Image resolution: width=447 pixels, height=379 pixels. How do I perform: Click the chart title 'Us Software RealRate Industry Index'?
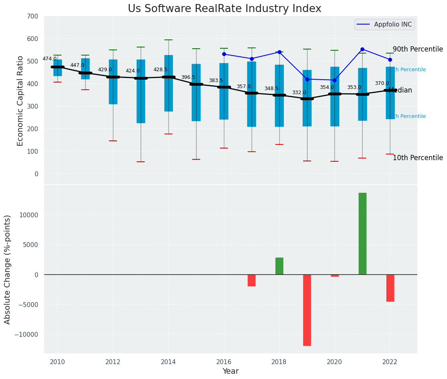click(x=224, y=9)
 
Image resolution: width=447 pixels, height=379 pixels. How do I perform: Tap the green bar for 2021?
click(x=362, y=233)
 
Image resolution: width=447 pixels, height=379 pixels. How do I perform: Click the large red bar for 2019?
click(x=307, y=310)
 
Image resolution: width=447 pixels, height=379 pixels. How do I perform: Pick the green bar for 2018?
click(x=279, y=266)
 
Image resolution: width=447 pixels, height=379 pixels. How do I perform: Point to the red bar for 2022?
click(x=390, y=288)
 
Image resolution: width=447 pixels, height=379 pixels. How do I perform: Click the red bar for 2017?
click(x=252, y=280)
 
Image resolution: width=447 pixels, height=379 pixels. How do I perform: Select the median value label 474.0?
click(x=49, y=59)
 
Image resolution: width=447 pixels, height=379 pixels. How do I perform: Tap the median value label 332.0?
click(x=299, y=93)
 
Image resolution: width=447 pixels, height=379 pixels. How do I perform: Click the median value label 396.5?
click(x=188, y=77)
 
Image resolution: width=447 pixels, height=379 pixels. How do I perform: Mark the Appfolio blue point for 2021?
click(x=362, y=49)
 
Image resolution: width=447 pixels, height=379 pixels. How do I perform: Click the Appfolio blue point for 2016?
click(x=224, y=54)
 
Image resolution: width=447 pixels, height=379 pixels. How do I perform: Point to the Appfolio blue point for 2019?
click(x=307, y=79)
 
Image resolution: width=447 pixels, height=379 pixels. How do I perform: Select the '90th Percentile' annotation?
click(x=418, y=49)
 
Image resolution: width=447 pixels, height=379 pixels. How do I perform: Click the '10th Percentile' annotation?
click(x=418, y=158)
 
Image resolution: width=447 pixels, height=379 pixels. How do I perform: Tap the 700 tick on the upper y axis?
click(x=33, y=16)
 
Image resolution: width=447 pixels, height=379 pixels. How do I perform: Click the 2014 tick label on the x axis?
click(x=168, y=362)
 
